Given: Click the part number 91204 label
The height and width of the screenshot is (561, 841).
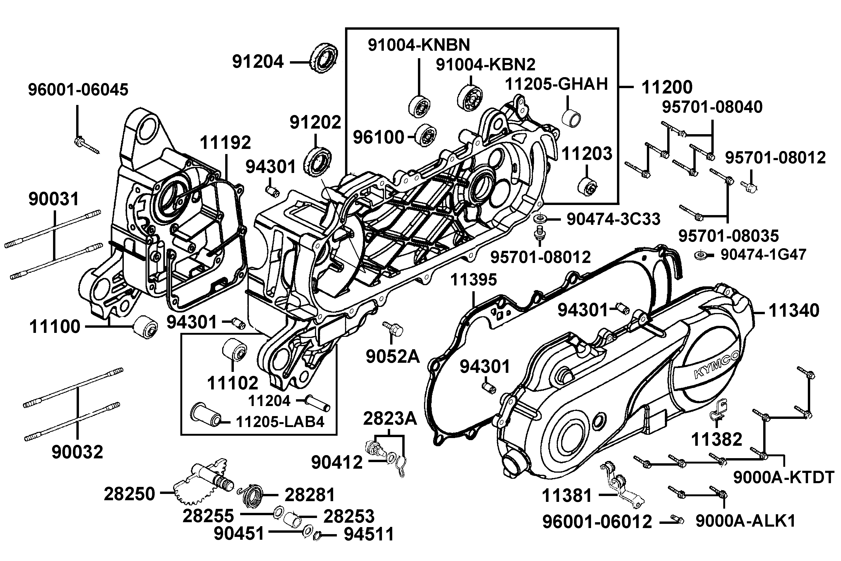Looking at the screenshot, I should [258, 62].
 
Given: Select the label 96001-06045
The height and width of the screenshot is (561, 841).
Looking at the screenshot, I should [78, 90].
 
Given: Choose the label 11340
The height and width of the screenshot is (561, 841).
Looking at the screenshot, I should [794, 311].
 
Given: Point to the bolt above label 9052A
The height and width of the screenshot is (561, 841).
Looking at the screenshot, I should [394, 328].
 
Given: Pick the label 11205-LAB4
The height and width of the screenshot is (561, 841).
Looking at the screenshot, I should [280, 422].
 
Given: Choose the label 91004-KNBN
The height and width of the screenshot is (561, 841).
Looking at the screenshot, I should [419, 45].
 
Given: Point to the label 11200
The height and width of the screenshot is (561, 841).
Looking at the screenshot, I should [667, 87].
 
